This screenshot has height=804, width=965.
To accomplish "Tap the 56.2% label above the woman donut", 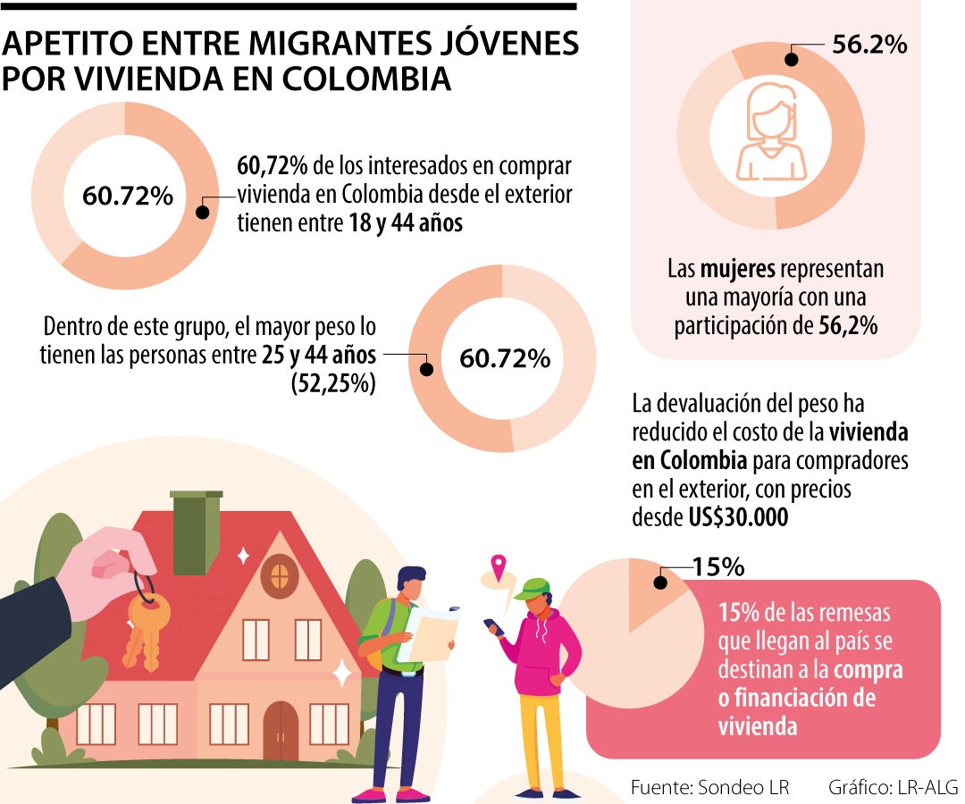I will (868, 44).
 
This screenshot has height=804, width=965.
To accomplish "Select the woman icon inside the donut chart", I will (770, 131).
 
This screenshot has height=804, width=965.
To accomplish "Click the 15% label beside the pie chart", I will (718, 567).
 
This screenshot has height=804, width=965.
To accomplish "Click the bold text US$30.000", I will (738, 516).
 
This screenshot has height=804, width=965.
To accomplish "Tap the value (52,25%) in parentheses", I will (332, 383).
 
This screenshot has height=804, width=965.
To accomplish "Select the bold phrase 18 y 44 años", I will (405, 223).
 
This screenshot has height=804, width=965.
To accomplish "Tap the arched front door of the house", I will (280, 730).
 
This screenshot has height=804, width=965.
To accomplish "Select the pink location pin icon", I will (498, 566).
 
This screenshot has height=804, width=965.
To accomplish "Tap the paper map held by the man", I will (428, 633).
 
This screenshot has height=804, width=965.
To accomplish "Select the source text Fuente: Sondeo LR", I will (709, 787).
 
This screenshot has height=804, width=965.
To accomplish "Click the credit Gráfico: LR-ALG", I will (893, 787).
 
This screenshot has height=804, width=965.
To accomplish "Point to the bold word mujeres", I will (738, 269).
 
